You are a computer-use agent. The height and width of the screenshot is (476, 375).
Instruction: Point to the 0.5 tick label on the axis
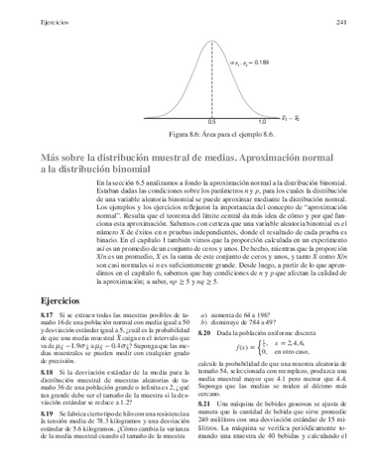[211, 118]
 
